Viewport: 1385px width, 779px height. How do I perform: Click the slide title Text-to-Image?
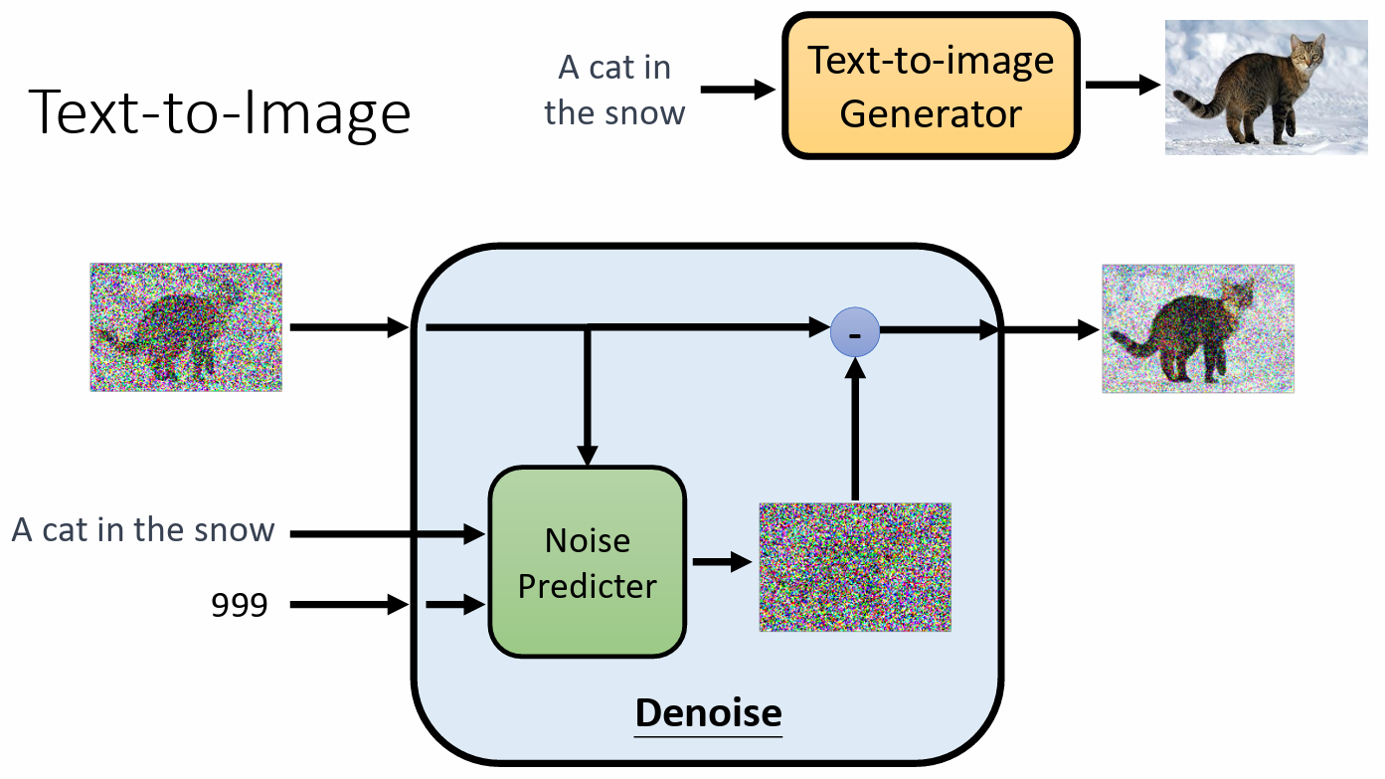[x=220, y=111]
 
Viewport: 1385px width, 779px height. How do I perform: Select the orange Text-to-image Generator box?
[x=930, y=87]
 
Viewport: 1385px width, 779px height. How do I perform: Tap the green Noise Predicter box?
[x=587, y=562]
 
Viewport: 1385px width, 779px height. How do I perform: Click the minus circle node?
[x=855, y=332]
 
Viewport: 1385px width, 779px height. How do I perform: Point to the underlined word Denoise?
[x=708, y=712]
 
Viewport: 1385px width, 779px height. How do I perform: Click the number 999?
[x=240, y=604]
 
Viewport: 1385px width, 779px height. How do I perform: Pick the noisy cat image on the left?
[x=186, y=326]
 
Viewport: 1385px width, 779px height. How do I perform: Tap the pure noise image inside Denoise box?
[x=855, y=566]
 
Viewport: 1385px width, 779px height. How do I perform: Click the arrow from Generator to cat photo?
[x=1123, y=85]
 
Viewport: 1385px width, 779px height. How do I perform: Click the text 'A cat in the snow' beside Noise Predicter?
[x=143, y=529]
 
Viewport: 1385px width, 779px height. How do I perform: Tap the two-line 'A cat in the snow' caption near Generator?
[x=614, y=90]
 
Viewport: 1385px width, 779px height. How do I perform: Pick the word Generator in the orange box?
[x=930, y=113]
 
